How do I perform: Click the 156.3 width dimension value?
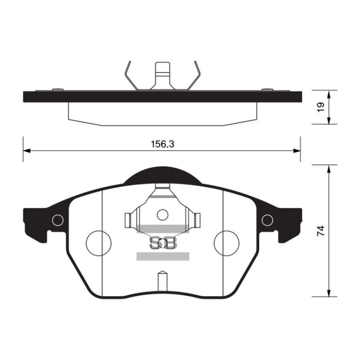pos(163,144)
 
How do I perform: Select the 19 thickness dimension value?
pos(321,107)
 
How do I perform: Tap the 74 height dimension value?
pos(321,230)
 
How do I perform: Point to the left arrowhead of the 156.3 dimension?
pos(26,151)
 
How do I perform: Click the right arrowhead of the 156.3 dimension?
pos(297,151)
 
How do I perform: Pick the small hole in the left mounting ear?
pos(58,220)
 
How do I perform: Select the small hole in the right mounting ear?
pos(267,220)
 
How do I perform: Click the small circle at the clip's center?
pos(163,215)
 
